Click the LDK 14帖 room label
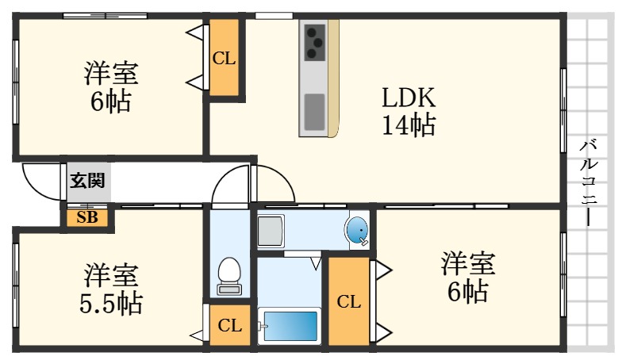coord(409,111)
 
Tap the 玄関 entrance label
coord(86,180)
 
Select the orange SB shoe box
coord(87,216)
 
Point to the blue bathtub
coord(290,326)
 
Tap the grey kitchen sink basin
coord(314,111)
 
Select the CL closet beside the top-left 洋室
coord(224,57)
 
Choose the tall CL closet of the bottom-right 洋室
coord(348,301)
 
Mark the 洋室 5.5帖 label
coord(112,289)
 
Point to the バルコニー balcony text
coord(589,182)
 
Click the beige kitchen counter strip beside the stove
coord(334,75)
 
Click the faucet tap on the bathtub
coord(263,326)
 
